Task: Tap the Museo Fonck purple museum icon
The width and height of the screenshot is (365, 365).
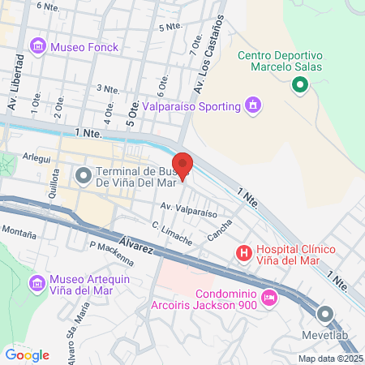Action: pyautogui.click(x=38, y=47)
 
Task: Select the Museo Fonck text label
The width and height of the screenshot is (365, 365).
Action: pyautogui.click(x=84, y=47)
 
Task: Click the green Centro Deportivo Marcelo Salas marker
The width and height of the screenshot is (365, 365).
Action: pyautogui.click(x=299, y=84)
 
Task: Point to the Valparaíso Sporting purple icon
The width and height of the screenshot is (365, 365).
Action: pyautogui.click(x=253, y=105)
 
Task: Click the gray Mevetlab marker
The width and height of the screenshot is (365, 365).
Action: pyautogui.click(x=326, y=315)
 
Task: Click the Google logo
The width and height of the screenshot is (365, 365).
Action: pyautogui.click(x=27, y=354)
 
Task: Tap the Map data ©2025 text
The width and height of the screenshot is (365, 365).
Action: pyautogui.click(x=330, y=358)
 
